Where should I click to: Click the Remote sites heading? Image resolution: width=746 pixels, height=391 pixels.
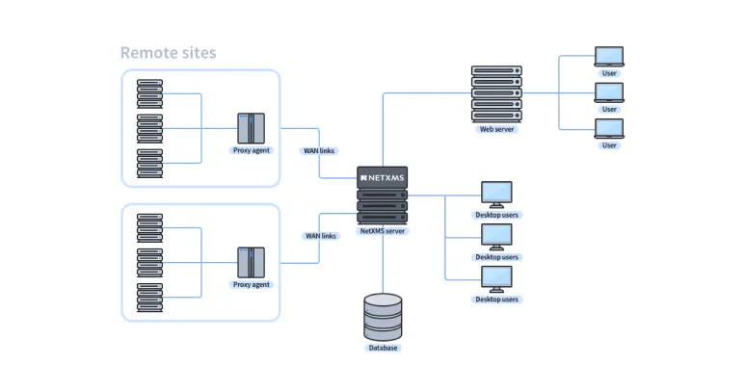[168, 53]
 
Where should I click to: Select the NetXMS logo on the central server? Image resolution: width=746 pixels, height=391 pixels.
[383, 178]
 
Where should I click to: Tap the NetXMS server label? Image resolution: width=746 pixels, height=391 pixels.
[383, 231]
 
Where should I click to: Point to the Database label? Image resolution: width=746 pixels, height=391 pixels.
[383, 348]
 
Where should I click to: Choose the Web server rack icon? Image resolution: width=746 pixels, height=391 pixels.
[496, 93]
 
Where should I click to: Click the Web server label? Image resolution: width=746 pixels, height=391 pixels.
[496, 129]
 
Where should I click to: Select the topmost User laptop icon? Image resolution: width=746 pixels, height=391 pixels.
[609, 57]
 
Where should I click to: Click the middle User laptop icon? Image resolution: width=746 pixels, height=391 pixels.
[609, 92]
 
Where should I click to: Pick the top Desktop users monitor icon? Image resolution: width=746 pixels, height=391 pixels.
[496, 194]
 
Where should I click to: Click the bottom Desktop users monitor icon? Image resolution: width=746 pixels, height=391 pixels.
[496, 278]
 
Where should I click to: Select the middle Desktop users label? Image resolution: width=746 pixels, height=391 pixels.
[496, 257]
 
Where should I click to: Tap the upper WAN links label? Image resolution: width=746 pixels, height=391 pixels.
[321, 150]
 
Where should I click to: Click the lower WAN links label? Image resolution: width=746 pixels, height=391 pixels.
[321, 236]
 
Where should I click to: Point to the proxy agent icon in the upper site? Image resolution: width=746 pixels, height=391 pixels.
[251, 128]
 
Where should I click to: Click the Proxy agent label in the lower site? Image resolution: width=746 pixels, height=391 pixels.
[252, 285]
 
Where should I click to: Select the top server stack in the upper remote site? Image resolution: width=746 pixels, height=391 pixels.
[149, 93]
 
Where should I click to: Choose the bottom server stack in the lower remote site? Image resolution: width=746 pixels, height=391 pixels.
[149, 298]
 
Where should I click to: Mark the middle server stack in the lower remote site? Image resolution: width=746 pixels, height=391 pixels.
[149, 263]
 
